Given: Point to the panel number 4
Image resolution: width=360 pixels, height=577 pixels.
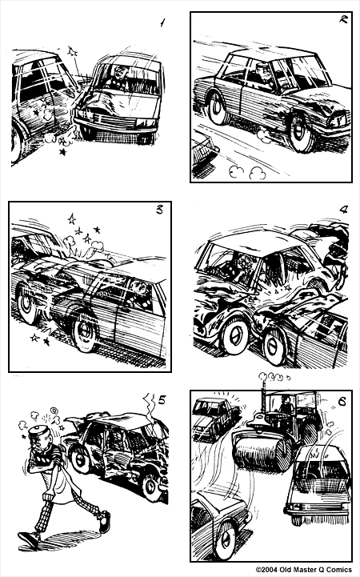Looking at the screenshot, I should (342, 211).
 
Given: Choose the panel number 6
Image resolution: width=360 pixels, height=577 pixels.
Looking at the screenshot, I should (342, 402).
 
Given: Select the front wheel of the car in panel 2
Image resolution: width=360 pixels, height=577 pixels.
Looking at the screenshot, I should (302, 133).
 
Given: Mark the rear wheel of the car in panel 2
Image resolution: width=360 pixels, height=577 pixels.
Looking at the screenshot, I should (218, 107).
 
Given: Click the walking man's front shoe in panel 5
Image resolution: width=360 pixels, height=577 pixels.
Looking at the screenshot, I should (103, 523).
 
